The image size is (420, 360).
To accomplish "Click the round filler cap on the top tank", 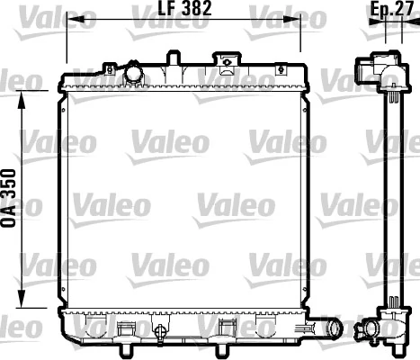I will click(x=135, y=71).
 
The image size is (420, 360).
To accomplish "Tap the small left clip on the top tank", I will click(x=108, y=68).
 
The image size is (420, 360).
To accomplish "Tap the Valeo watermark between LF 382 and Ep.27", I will click(x=274, y=15).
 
